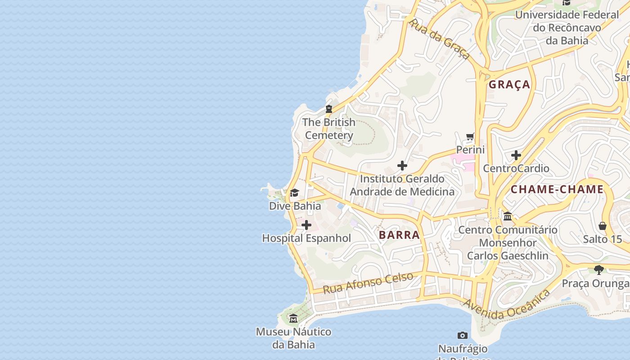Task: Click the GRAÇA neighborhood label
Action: point(509,85)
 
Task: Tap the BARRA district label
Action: point(399,235)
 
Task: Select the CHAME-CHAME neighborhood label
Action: point(557,189)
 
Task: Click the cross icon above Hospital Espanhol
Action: point(306,225)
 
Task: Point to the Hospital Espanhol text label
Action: point(306,238)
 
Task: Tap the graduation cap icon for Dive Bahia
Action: point(295,193)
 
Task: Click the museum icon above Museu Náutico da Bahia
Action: point(293,319)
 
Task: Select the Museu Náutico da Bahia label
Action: point(293,338)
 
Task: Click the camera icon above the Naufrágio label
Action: point(463,335)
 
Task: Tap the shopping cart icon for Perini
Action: point(470,136)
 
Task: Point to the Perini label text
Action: point(470,149)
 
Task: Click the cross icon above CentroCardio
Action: point(516,155)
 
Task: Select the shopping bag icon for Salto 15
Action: point(603,226)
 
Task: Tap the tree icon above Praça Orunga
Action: point(599,270)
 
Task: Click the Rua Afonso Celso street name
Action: point(368,283)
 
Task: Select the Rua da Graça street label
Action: point(439,39)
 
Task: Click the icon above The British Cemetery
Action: point(329,109)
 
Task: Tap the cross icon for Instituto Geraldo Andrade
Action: point(402,166)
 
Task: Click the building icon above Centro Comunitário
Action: point(508,216)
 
